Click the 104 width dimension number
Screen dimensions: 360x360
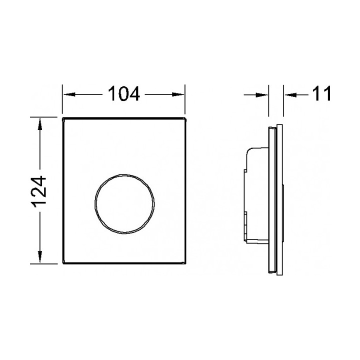click(124, 93)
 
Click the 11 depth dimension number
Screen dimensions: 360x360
click(321, 93)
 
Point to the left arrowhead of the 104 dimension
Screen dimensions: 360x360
click(69, 94)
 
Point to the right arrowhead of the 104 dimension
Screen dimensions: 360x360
click(178, 94)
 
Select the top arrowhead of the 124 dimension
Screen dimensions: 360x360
click(40, 124)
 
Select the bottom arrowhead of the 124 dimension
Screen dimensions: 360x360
click(40, 256)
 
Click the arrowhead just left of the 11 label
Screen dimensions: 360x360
click(290, 94)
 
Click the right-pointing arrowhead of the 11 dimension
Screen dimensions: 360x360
click(261, 94)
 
